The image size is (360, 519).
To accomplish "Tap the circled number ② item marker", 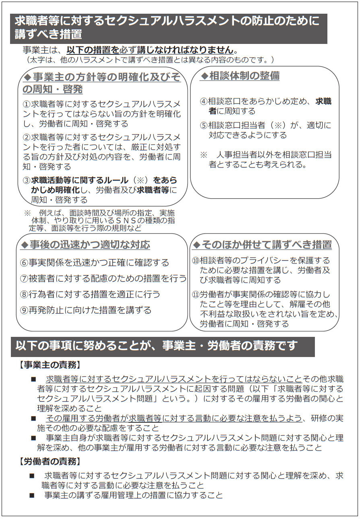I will [x=27, y=137].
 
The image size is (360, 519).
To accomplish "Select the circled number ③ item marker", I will [x=27, y=180].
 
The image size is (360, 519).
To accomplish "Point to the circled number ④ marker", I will [x=204, y=102].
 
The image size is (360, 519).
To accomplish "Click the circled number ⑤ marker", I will [x=204, y=125].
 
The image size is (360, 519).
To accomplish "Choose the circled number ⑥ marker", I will [x=24, y=263].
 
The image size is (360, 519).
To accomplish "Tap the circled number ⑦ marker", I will [x=24, y=279].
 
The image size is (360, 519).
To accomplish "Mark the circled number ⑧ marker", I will [x=24, y=295].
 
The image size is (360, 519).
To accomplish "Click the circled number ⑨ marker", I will [x=24, y=310].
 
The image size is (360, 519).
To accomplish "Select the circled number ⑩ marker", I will [x=196, y=261].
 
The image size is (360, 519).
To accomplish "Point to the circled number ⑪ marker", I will [x=196, y=295].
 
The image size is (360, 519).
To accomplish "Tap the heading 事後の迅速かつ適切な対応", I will [x=89, y=245].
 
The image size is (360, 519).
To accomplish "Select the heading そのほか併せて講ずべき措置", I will [x=266, y=245].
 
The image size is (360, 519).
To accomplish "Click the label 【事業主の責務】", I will [x=50, y=365].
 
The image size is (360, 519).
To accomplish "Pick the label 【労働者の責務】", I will [x=50, y=461].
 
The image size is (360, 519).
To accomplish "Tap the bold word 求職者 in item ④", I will [x=323, y=102].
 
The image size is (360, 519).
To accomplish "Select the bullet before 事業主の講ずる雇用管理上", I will [x=32, y=495].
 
